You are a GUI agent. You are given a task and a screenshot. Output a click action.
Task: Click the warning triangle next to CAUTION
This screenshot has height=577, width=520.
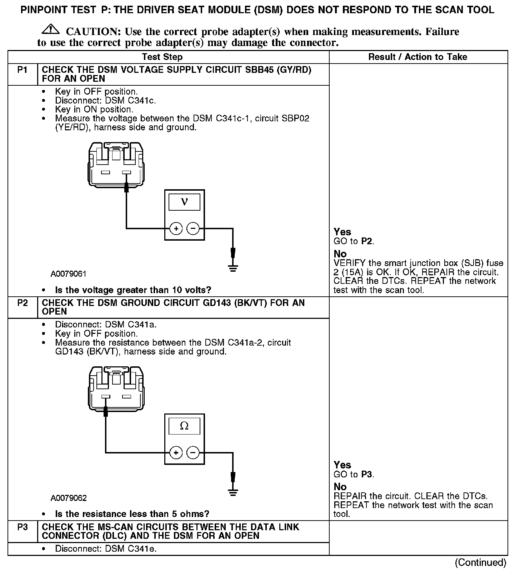pyautogui.click(x=52, y=29)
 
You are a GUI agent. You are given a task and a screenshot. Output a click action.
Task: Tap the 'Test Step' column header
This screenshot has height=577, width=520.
pyautogui.click(x=162, y=57)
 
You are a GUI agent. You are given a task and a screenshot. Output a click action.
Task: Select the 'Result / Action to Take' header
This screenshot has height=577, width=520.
pyautogui.click(x=417, y=57)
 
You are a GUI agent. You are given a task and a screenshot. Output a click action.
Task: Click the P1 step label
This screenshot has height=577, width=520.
pyautogui.click(x=22, y=70)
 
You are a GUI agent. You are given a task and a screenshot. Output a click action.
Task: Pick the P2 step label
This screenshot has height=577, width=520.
pyautogui.click(x=22, y=303)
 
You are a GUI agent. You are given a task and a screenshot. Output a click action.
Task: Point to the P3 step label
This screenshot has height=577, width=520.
pyautogui.click(x=22, y=527)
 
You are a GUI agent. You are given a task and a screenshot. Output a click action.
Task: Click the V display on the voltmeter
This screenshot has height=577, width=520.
pyautogui.click(x=184, y=202)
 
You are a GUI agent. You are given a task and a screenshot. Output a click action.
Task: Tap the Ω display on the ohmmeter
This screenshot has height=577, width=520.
pyautogui.click(x=184, y=426)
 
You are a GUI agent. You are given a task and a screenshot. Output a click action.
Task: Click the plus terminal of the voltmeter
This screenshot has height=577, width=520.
pyautogui.click(x=176, y=229)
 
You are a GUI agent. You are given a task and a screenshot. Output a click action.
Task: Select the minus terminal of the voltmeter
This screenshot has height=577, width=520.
pyautogui.click(x=193, y=229)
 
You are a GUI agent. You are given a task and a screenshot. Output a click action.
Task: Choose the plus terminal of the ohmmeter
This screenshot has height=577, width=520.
pyautogui.click(x=176, y=453)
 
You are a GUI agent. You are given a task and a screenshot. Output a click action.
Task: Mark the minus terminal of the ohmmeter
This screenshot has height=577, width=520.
pyautogui.click(x=193, y=453)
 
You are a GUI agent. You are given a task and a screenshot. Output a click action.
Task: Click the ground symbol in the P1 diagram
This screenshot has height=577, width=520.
pyautogui.click(x=233, y=268)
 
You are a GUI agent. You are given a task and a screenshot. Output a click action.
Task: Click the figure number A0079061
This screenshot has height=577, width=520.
pyautogui.click(x=68, y=274)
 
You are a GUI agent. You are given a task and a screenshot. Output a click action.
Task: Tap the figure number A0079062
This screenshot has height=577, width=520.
pyautogui.click(x=69, y=498)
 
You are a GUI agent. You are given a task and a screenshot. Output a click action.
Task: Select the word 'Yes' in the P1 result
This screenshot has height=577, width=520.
pyautogui.click(x=342, y=232)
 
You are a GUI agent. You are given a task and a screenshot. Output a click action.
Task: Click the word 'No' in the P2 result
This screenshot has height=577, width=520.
pyautogui.click(x=340, y=487)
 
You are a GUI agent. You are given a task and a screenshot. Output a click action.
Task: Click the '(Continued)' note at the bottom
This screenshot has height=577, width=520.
pyautogui.click(x=480, y=563)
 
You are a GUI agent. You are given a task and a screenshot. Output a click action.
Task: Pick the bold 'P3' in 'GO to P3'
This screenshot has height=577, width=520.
pyautogui.click(x=367, y=475)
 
